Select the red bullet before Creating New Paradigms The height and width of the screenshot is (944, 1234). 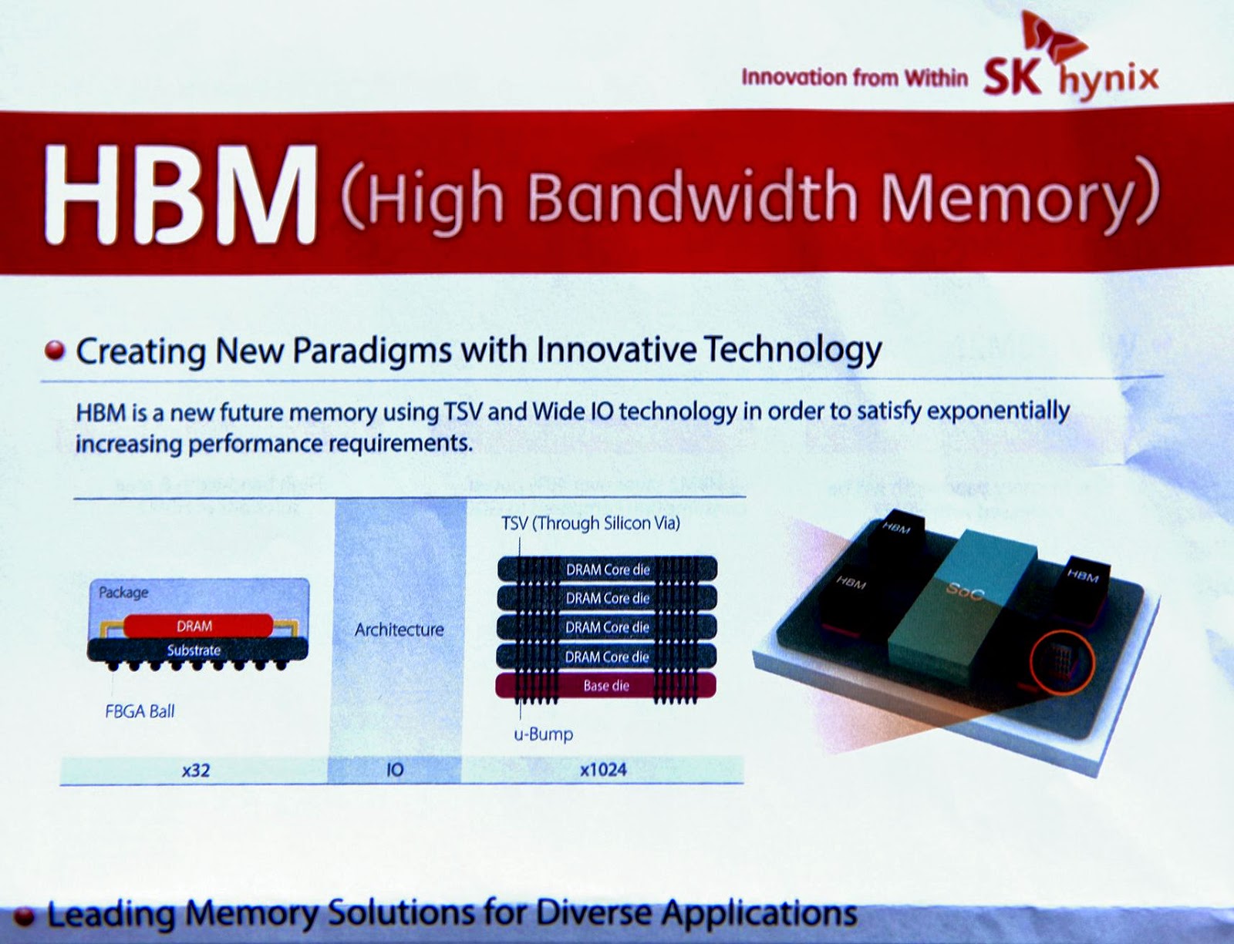(54, 351)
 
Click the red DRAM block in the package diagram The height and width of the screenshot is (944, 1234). (196, 626)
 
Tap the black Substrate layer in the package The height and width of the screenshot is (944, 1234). (194, 650)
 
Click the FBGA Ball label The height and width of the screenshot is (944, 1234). (140, 711)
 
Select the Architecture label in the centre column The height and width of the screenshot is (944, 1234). (399, 630)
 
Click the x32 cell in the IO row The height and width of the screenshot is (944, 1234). (195, 769)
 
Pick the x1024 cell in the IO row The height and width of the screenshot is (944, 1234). (602, 769)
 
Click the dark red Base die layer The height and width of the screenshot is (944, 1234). (606, 685)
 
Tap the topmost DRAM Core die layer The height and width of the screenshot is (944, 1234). (607, 569)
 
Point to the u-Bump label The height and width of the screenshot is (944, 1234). (544, 734)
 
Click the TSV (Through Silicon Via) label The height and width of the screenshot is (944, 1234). (591, 523)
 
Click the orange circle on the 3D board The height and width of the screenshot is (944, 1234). (1062, 661)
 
